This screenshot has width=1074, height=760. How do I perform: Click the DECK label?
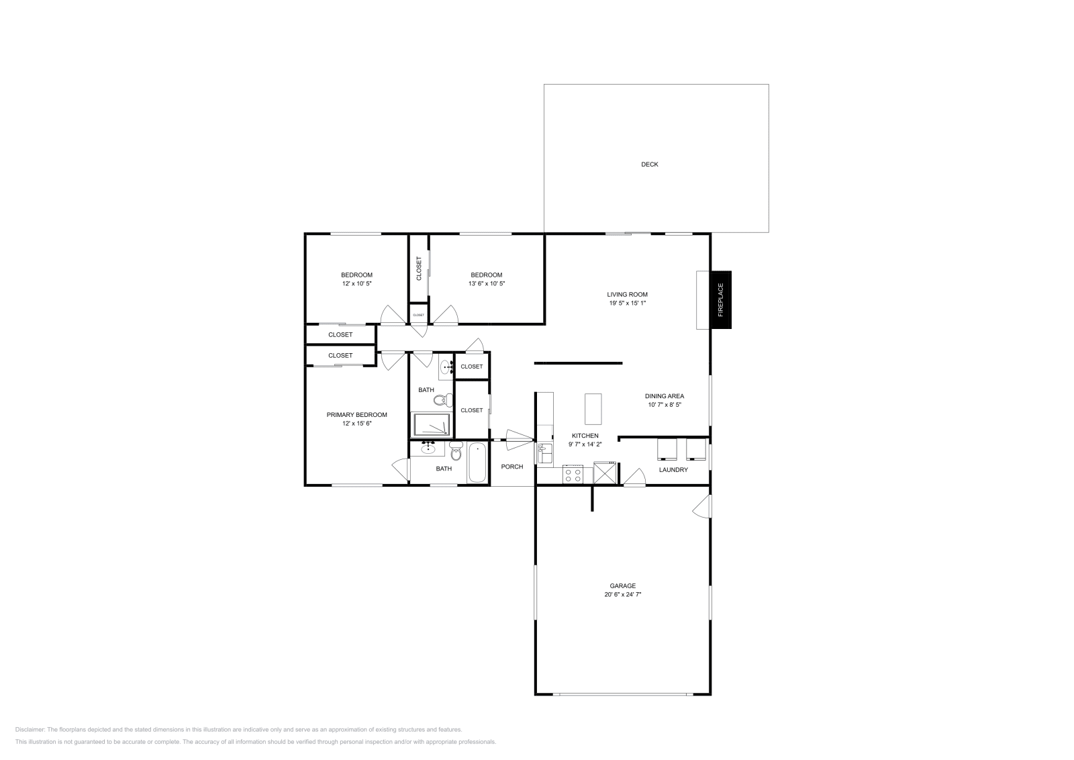(649, 164)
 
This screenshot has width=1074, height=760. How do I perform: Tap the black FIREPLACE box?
(721, 299)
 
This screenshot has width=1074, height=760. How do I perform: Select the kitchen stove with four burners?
(573, 475)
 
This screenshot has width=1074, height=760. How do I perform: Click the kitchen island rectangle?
(593, 409)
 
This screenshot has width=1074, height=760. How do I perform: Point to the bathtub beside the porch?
(477, 463)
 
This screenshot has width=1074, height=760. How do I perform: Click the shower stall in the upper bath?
(432, 425)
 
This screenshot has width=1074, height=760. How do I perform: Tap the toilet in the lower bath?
(456, 453)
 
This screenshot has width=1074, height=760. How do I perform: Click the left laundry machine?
(667, 448)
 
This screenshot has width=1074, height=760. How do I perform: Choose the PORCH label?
(512, 467)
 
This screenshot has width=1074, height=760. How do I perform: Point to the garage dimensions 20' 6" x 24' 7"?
(622, 594)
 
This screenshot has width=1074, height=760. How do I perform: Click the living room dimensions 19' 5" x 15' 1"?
(627, 303)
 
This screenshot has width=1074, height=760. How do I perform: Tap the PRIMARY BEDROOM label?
(356, 415)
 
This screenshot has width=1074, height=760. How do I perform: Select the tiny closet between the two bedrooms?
(418, 314)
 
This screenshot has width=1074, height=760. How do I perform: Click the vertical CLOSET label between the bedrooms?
(419, 269)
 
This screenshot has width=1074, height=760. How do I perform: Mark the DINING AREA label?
(664, 396)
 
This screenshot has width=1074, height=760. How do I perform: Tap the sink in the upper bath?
(446, 367)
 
